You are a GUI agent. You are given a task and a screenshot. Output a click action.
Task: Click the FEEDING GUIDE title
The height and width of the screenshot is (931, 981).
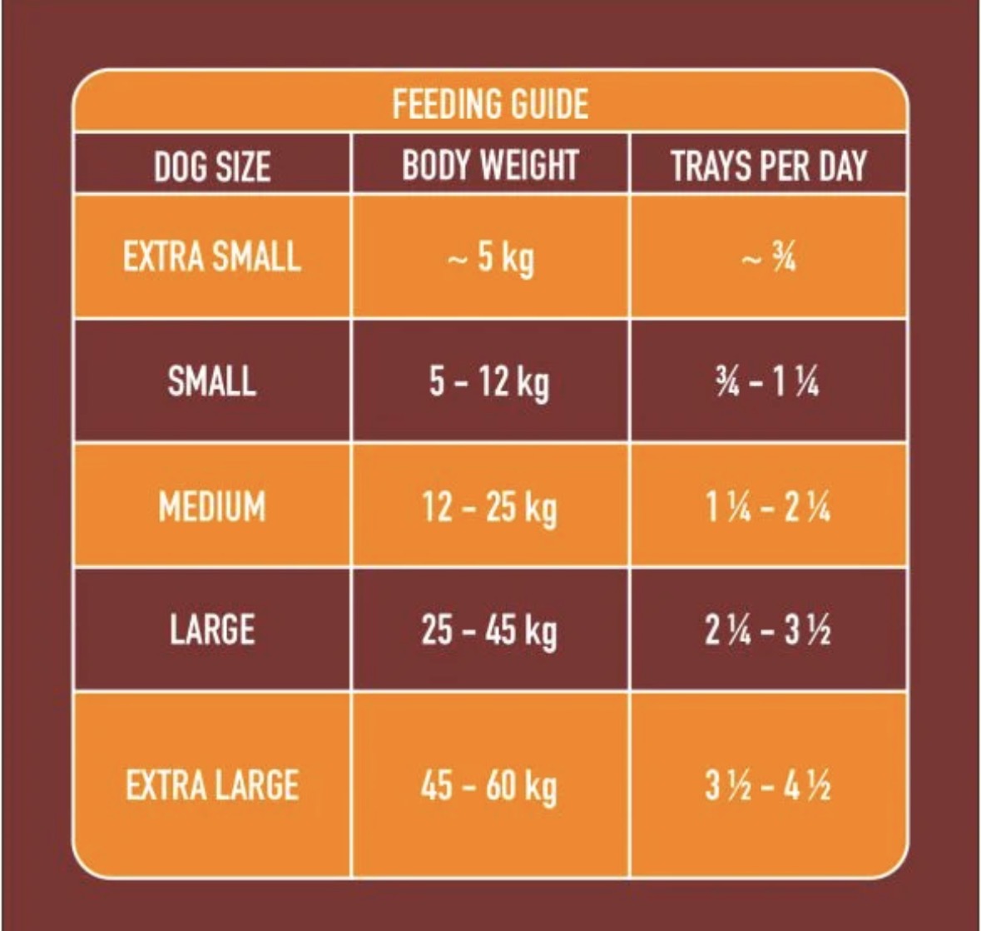(490, 104)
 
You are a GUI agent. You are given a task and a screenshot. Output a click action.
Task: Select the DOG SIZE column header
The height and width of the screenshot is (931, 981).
(212, 167)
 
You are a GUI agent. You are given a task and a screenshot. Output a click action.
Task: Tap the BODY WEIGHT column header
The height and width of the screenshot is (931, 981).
(490, 165)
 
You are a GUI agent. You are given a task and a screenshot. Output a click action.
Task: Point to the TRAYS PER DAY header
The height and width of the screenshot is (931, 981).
(769, 166)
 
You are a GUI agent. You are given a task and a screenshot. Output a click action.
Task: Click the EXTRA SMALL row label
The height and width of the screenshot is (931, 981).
(212, 256)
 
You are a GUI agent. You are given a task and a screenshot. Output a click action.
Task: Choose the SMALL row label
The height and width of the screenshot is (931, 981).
(212, 381)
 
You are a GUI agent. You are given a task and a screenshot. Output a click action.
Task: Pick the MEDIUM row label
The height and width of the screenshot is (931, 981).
(212, 505)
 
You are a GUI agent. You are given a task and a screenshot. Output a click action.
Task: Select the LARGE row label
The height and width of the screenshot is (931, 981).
(212, 630)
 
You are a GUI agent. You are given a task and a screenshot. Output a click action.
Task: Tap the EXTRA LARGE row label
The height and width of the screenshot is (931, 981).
(212, 785)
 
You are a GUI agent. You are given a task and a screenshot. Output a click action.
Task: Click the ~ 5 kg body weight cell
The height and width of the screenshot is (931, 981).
(491, 259)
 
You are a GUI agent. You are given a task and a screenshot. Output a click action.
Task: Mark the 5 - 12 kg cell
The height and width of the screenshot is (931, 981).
(489, 382)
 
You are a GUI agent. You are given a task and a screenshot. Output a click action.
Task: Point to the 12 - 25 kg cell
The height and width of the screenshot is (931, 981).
(489, 508)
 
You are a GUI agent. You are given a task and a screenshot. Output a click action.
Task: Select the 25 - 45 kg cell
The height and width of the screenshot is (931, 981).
(489, 631)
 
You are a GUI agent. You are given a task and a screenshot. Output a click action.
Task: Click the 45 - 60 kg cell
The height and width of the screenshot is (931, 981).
(489, 787)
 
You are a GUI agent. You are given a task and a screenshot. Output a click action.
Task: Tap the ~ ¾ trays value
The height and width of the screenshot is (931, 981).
(769, 256)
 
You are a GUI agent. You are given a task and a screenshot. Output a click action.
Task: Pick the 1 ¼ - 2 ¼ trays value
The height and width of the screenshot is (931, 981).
(768, 505)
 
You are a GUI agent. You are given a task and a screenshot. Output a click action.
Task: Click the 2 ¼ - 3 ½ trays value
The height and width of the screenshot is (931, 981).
(768, 630)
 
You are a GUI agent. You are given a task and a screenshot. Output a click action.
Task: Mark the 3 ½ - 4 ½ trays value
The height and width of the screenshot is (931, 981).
(768, 785)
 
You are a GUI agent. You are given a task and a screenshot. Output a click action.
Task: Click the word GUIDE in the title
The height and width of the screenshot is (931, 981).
(548, 104)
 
